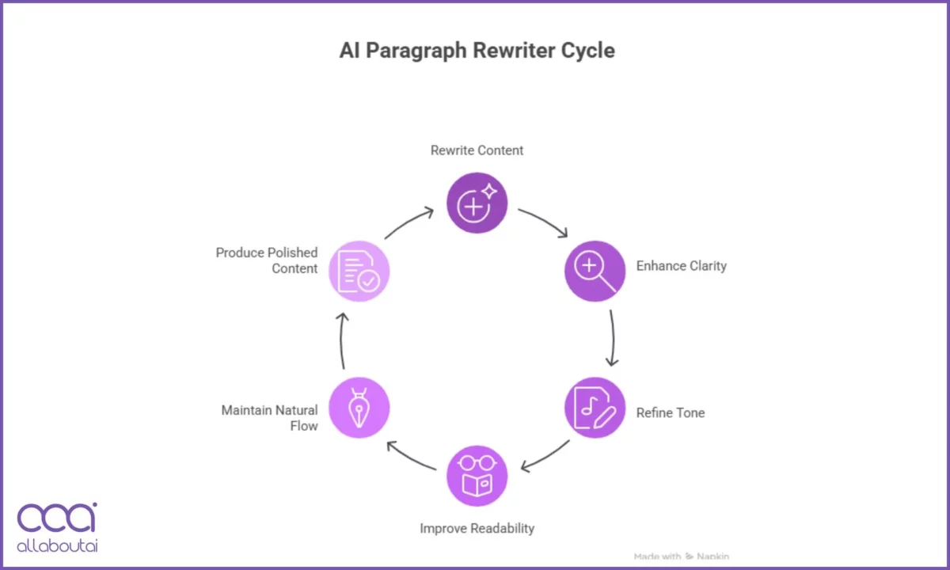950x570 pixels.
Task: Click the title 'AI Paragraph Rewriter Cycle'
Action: click(477, 51)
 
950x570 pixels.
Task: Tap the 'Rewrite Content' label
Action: click(477, 150)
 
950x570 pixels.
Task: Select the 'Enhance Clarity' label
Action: click(681, 266)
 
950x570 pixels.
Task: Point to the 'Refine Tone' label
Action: click(670, 412)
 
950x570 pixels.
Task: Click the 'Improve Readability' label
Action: click(477, 528)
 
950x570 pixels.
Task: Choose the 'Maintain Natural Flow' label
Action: click(269, 418)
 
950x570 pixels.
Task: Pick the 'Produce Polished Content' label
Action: click(267, 260)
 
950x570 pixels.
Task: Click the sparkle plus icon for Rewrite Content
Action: click(477, 203)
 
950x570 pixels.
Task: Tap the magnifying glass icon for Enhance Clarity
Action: click(595, 271)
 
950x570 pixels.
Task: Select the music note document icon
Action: click(595, 408)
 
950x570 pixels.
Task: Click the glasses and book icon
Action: click(477, 476)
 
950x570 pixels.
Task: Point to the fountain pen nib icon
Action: click(359, 408)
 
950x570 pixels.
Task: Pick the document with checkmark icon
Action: click(359, 271)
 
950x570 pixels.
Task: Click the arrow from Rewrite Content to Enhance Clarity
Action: click(544, 222)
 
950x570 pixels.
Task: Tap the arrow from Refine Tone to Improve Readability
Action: click(545, 456)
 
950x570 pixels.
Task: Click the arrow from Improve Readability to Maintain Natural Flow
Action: click(410, 457)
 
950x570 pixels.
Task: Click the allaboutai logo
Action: click(57, 526)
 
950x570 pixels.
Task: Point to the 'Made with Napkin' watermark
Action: click(681, 557)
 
